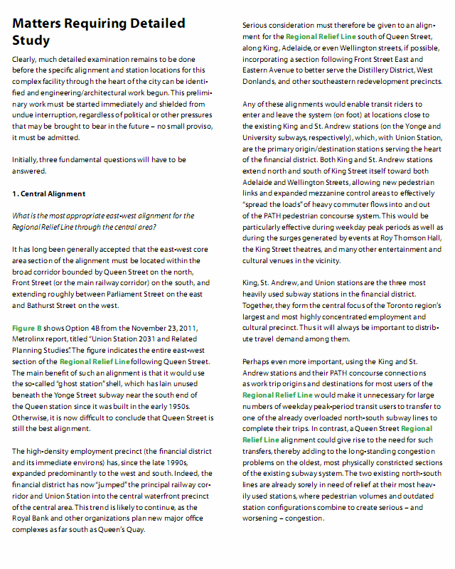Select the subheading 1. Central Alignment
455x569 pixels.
(x=48, y=193)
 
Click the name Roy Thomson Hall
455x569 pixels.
(x=412, y=238)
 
